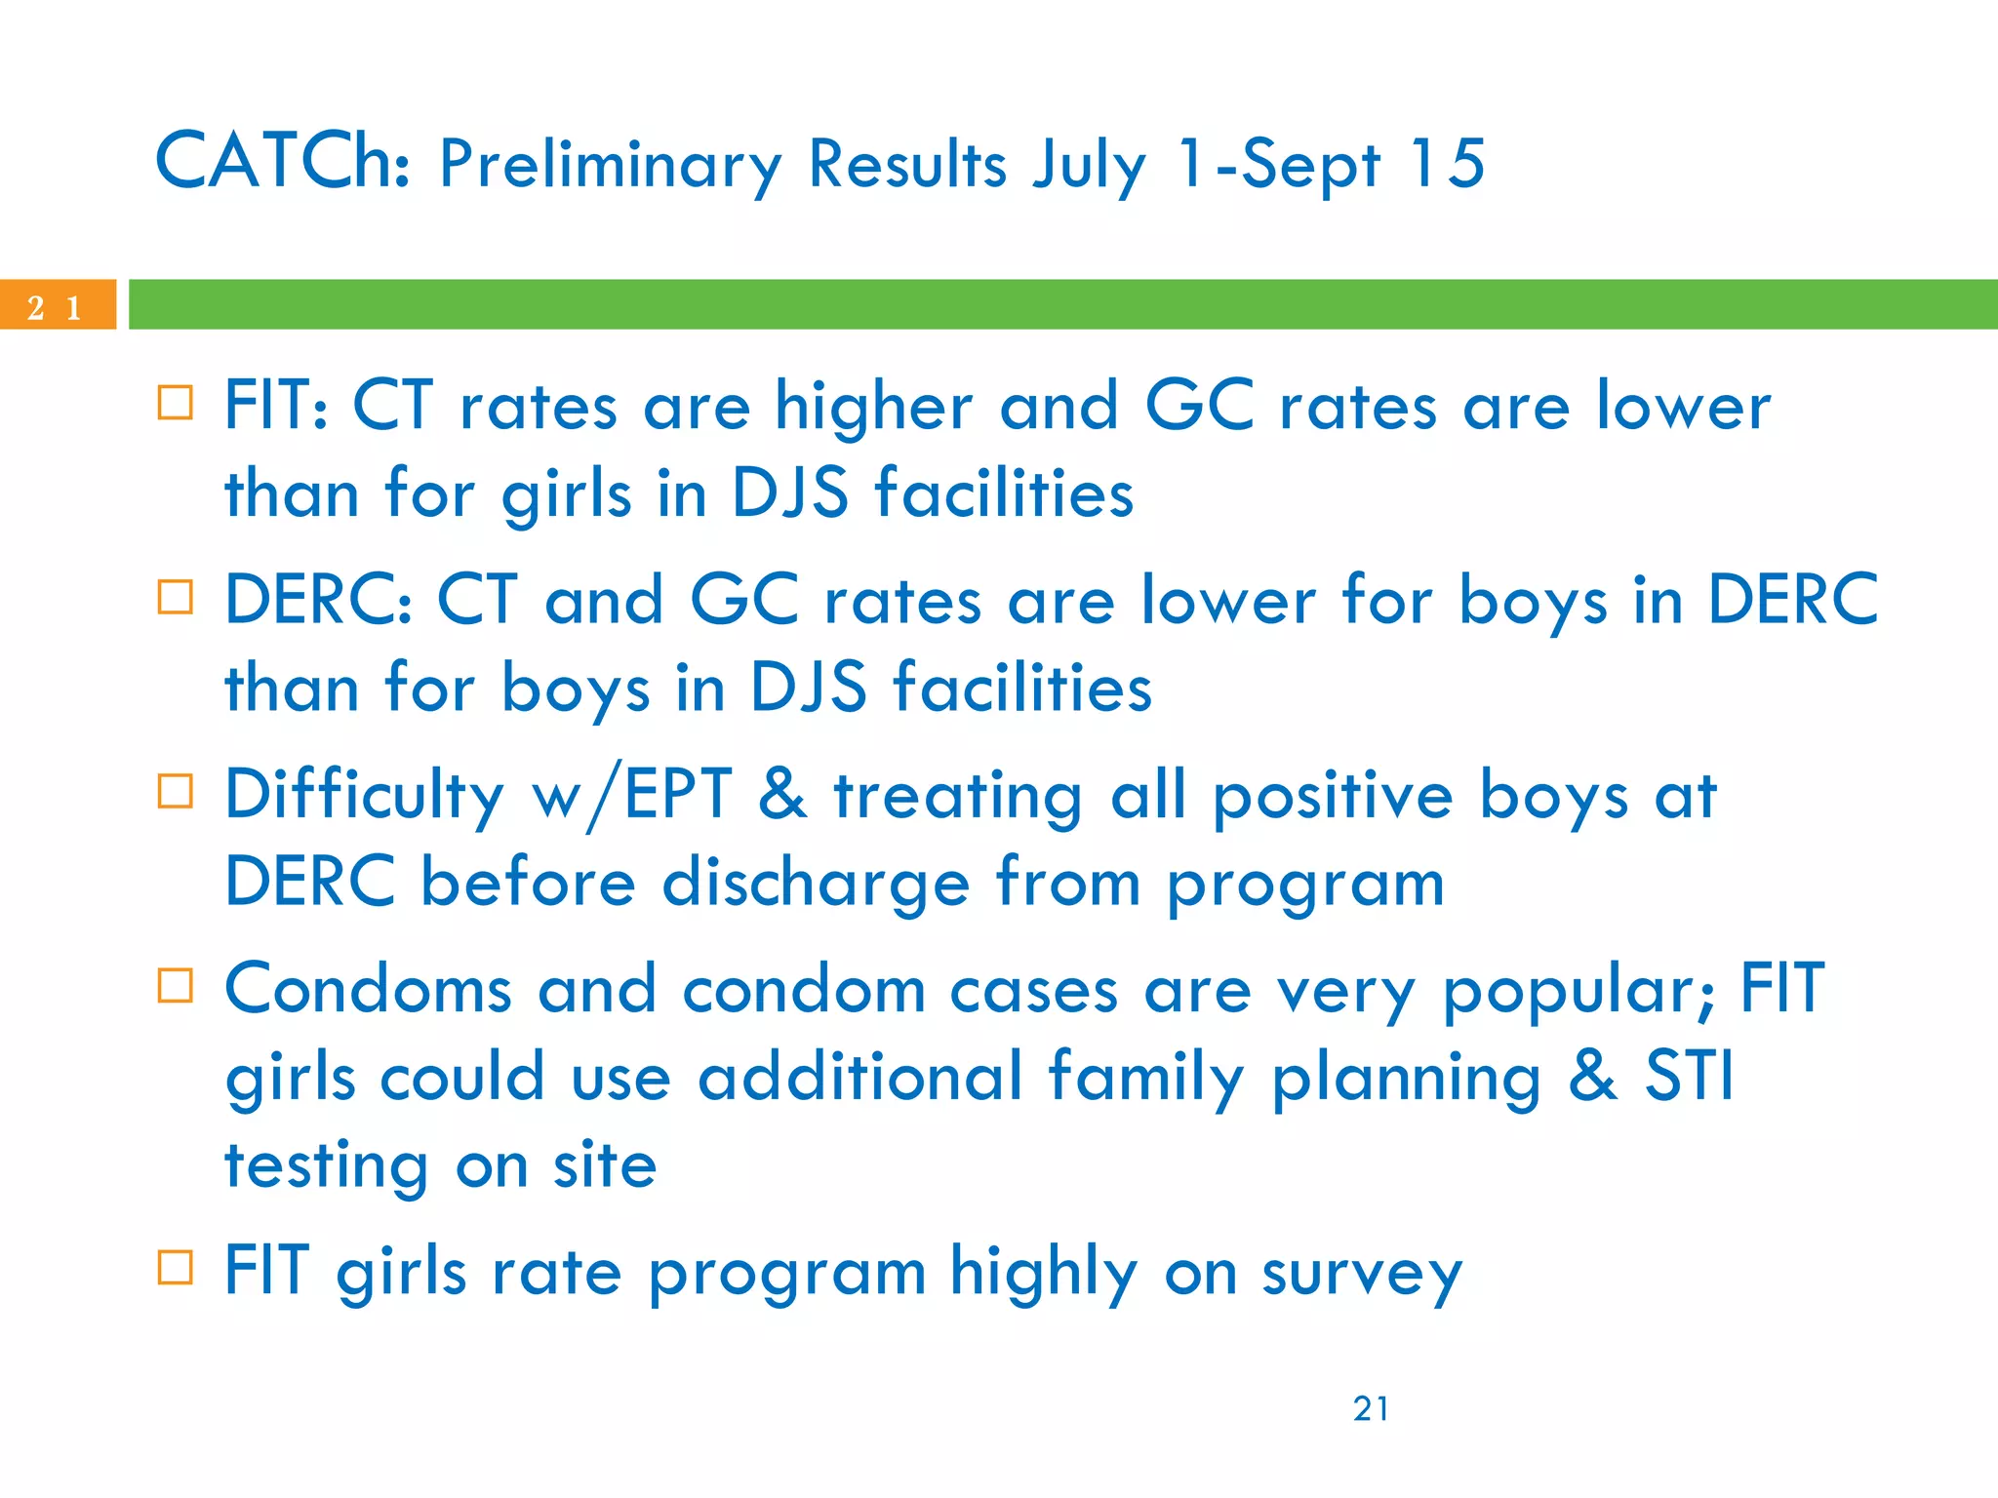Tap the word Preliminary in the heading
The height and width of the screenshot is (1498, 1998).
(610, 166)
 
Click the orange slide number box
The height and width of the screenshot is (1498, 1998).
(57, 305)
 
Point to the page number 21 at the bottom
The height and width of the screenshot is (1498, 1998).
(1371, 1408)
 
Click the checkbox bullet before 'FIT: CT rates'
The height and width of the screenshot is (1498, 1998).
(176, 403)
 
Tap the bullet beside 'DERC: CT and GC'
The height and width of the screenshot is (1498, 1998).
(176, 597)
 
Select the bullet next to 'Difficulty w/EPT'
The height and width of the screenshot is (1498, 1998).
(176, 791)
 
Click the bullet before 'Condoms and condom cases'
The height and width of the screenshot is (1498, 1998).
(176, 985)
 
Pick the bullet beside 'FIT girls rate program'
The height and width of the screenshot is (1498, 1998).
(176, 1268)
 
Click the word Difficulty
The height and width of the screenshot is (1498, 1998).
(364, 796)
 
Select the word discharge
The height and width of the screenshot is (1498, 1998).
(816, 884)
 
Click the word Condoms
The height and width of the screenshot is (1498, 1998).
(368, 989)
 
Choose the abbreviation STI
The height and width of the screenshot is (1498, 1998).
(1690, 1077)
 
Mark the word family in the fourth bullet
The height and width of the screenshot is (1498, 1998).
(1146, 1079)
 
